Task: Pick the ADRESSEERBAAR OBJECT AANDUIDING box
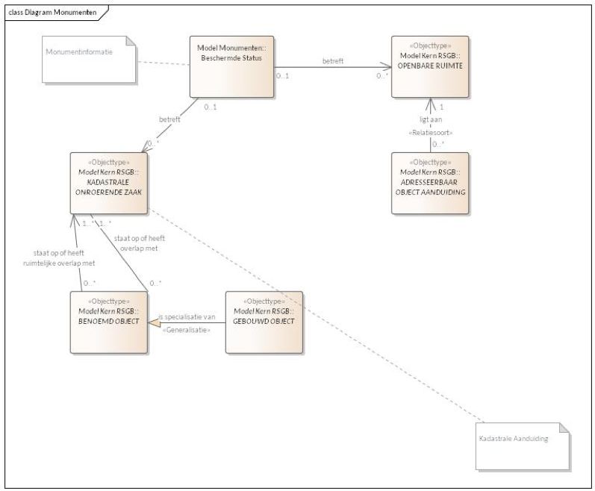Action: click(x=430, y=184)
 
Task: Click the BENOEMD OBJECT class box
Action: click(x=108, y=321)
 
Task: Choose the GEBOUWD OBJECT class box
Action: click(x=265, y=321)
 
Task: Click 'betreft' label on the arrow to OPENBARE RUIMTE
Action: click(x=332, y=60)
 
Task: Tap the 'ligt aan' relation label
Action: click(x=427, y=119)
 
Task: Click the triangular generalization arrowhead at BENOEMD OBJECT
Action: click(x=153, y=322)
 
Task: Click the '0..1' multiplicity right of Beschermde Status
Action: click(x=282, y=75)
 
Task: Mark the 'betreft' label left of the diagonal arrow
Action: click(x=169, y=119)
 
